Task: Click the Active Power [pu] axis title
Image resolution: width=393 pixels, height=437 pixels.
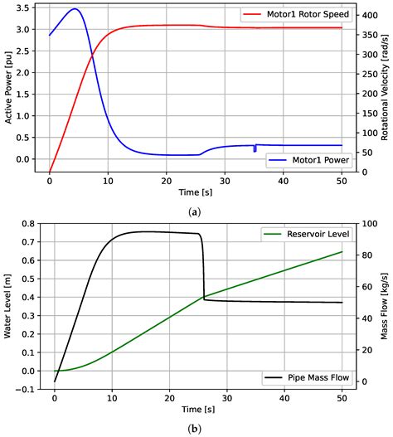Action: tap(8, 87)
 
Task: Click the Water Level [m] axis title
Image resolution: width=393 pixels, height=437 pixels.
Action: tap(8, 307)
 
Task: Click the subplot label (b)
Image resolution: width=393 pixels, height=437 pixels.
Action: tap(195, 430)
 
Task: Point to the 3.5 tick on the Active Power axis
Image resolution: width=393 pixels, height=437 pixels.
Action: tap(27, 7)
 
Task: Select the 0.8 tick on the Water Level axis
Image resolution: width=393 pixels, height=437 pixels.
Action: tap(27, 224)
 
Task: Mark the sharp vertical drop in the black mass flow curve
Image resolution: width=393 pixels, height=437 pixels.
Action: tap(203, 265)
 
